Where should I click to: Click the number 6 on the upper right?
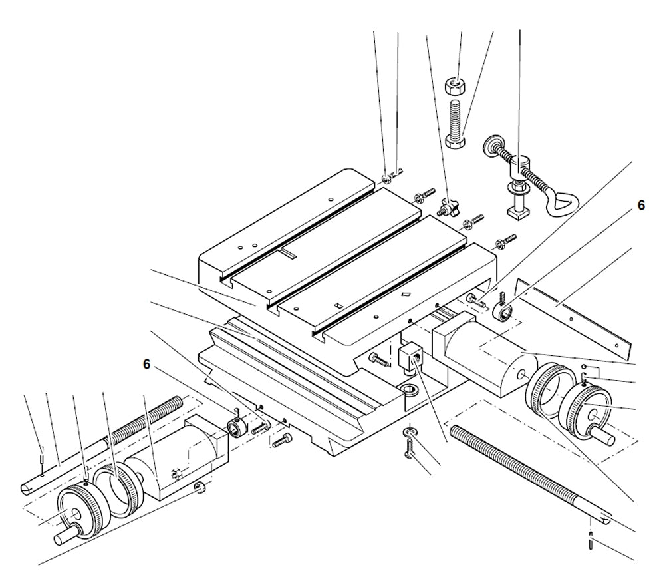pyautogui.click(x=641, y=206)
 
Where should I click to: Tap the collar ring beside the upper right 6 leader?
pyautogui.click(x=504, y=311)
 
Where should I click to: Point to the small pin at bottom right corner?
pyautogui.click(x=591, y=542)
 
